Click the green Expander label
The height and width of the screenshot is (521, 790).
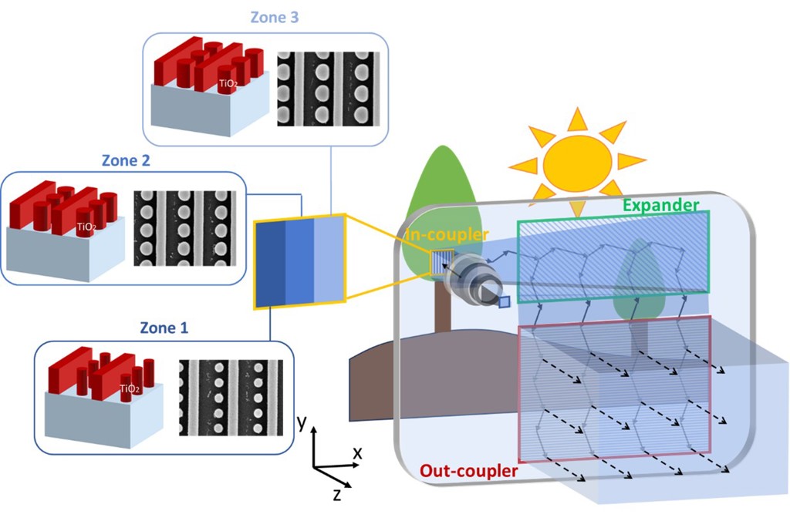pos(660,205)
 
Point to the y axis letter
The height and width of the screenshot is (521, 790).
pos(303,422)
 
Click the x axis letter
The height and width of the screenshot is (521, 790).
pos(357,453)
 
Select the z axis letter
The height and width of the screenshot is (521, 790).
pos(337,494)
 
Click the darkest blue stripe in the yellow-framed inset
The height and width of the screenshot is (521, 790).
pos(271,263)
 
